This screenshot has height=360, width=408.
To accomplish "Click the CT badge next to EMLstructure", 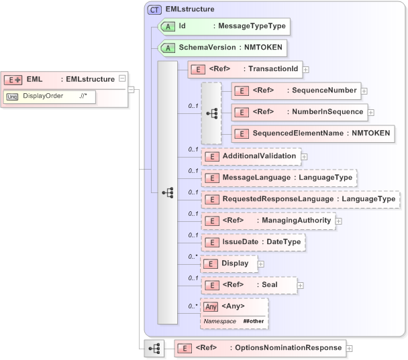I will click(155, 9).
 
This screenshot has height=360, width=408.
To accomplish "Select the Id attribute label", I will click(182, 27).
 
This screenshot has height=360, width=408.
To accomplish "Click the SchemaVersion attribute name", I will click(207, 48).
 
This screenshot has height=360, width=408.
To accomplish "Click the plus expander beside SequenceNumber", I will click(364, 90).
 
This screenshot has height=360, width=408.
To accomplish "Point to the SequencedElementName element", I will click(312, 133).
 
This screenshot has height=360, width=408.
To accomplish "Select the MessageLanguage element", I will click(279, 178).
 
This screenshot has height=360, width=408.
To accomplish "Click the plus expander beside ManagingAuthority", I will click(339, 221).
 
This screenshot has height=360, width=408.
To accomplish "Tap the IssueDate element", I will click(254, 242).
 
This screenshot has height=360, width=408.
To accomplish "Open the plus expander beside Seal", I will click(301, 285).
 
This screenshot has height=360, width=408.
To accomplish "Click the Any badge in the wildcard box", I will click(211, 307).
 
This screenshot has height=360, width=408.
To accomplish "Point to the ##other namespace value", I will click(254, 322).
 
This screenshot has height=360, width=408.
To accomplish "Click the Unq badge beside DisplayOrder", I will click(12, 97).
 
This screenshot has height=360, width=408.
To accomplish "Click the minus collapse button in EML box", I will click(121, 78).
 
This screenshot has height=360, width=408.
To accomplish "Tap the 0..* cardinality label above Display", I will click(193, 256).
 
